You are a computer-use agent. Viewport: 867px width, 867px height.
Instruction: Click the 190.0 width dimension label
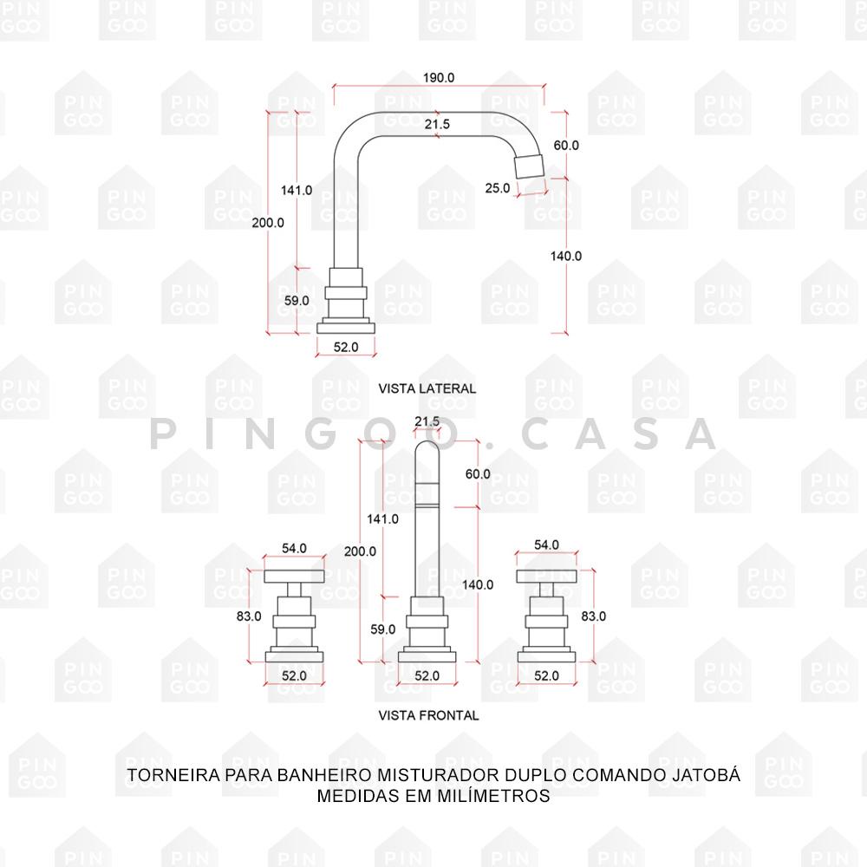coord(439,77)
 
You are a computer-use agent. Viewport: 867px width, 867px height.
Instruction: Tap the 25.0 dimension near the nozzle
coord(498,188)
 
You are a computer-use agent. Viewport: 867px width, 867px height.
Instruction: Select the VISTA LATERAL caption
coord(427,388)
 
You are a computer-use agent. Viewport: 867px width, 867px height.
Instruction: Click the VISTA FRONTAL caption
coord(428,715)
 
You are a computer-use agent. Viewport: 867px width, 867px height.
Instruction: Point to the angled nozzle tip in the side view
coord(529,165)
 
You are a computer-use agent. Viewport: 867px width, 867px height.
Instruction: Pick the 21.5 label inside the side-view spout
coord(437,124)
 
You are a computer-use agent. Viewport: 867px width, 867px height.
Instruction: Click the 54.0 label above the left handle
coord(294,548)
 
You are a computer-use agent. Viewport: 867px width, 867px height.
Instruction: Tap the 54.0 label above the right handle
coord(546,544)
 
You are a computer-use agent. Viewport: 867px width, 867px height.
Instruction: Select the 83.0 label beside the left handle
coord(249,616)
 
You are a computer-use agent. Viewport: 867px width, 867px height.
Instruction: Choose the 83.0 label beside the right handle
coord(594,616)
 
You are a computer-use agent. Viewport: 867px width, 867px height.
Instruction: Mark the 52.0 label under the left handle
coord(294,675)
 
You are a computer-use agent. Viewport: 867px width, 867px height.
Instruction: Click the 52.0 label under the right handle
coord(546,675)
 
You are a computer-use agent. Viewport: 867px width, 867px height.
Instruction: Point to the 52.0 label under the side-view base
coord(346,347)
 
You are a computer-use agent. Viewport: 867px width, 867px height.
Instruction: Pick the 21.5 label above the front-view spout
coord(427,421)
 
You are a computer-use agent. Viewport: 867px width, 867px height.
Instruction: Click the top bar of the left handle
coord(294,577)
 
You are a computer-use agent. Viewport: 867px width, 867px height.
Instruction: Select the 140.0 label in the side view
coord(566,256)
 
